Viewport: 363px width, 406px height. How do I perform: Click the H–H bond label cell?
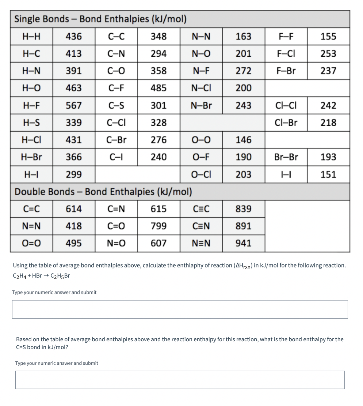click(x=31, y=37)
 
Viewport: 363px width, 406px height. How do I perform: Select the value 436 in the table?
click(x=74, y=37)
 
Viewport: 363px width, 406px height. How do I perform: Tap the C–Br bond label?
click(x=116, y=140)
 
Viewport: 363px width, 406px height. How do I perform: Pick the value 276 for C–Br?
click(x=158, y=140)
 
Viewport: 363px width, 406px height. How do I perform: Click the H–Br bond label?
click(x=31, y=157)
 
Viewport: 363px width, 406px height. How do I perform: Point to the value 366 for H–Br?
click(x=74, y=157)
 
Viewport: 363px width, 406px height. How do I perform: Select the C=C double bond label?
click(x=31, y=209)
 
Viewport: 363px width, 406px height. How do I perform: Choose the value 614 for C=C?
click(x=74, y=209)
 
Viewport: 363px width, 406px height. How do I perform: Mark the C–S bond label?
click(x=116, y=106)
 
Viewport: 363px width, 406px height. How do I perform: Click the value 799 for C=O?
click(x=158, y=226)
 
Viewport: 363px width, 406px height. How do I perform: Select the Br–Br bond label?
click(x=286, y=157)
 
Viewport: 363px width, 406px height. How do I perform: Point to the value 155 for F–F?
click(x=328, y=37)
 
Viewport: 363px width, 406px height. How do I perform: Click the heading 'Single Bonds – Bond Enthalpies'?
click(x=100, y=19)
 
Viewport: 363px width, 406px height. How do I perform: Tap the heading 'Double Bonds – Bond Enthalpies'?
click(x=103, y=192)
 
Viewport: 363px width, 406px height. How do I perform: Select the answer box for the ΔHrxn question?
click(x=180, y=309)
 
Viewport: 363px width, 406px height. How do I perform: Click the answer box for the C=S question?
click(x=180, y=380)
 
